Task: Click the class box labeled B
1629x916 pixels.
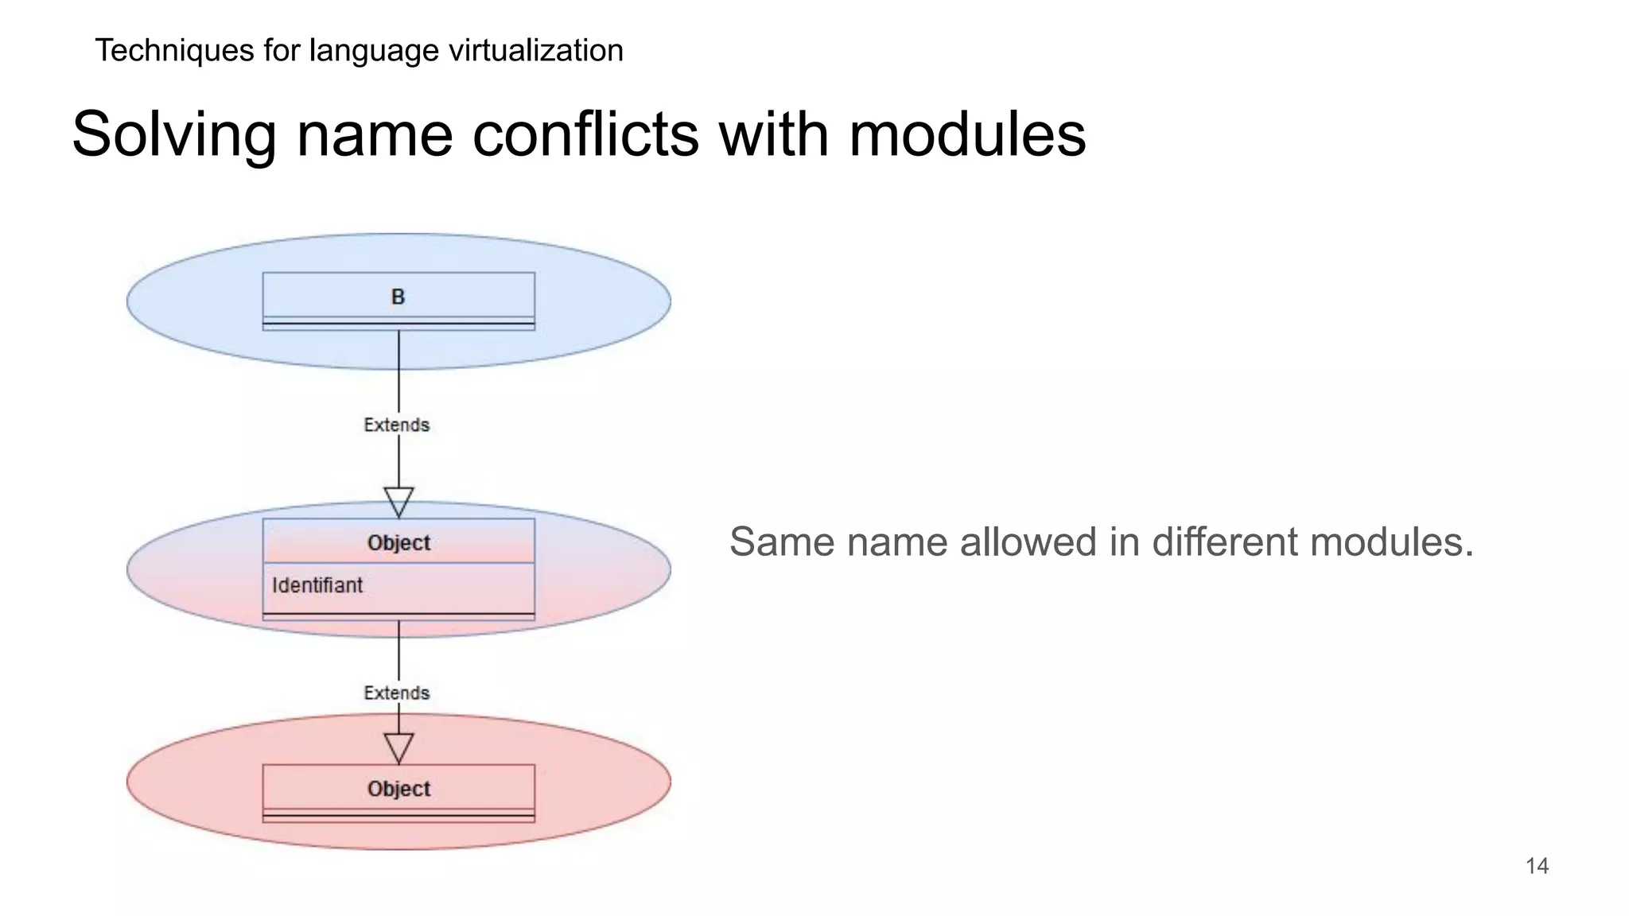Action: [399, 298]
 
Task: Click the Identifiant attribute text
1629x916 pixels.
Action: [317, 585]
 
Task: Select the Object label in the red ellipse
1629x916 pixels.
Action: [399, 789]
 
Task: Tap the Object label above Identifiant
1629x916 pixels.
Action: [399, 543]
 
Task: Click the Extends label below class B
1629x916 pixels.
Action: [396, 425]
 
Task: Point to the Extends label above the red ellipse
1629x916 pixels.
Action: [396, 693]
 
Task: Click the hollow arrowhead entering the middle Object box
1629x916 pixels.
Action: [399, 501]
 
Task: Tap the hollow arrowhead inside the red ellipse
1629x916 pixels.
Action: [399, 747]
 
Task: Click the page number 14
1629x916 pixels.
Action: [1537, 866]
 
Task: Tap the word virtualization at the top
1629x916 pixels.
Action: [535, 50]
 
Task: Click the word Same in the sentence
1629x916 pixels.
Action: [783, 542]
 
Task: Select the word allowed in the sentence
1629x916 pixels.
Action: [1026, 542]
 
